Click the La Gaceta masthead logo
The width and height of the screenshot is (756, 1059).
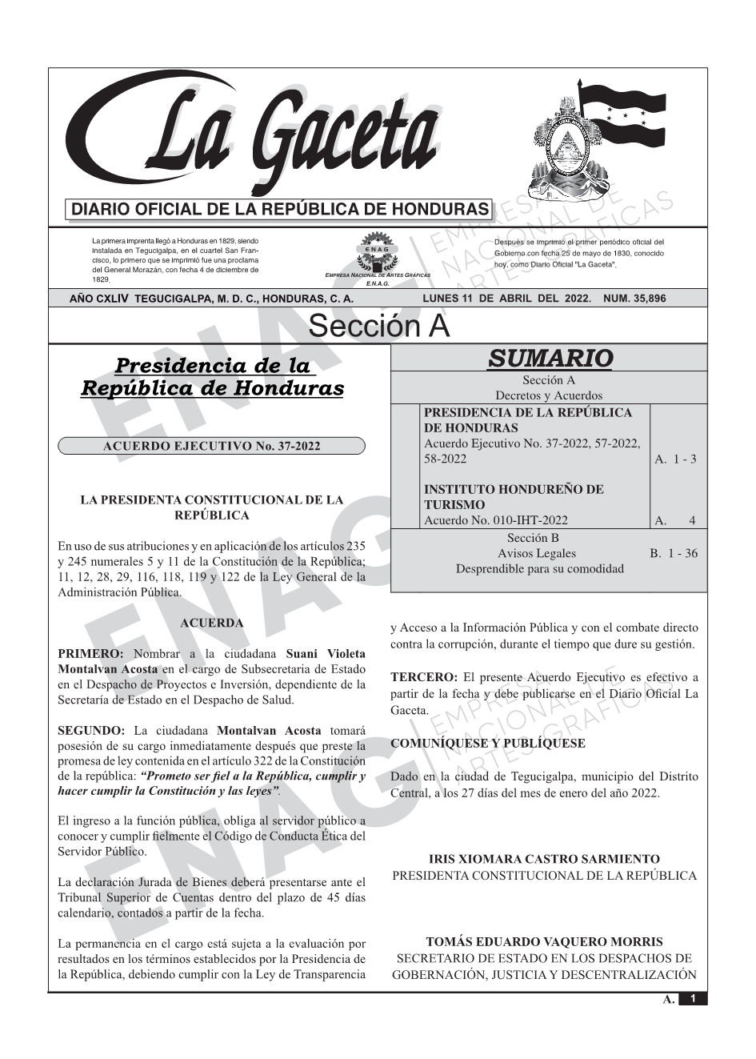[256, 136]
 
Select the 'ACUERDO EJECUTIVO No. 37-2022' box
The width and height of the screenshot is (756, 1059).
[211, 446]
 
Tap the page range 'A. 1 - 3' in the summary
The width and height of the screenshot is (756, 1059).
[675, 459]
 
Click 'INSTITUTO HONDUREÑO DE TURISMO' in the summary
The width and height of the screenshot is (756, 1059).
[514, 496]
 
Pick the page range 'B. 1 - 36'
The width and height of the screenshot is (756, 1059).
[674, 553]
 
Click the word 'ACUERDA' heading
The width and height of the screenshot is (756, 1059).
[212, 622]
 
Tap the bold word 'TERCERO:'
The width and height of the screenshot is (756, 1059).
[423, 677]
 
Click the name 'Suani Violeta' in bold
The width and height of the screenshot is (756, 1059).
[326, 654]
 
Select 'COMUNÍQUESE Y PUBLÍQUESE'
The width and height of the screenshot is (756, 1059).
[487, 744]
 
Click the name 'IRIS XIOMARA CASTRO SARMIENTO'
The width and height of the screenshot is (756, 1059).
[544, 859]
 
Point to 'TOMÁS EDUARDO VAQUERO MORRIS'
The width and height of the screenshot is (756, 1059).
[544, 942]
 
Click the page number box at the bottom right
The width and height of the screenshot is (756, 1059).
[692, 999]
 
